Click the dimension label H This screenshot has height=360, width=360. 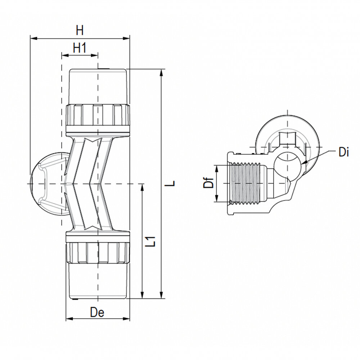80,31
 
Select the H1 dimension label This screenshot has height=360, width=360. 80,48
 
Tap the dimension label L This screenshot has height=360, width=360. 173,183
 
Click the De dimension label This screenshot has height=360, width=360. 97,313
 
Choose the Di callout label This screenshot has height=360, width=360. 344,152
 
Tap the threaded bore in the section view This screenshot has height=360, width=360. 247,184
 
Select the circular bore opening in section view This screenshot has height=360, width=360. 288,162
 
